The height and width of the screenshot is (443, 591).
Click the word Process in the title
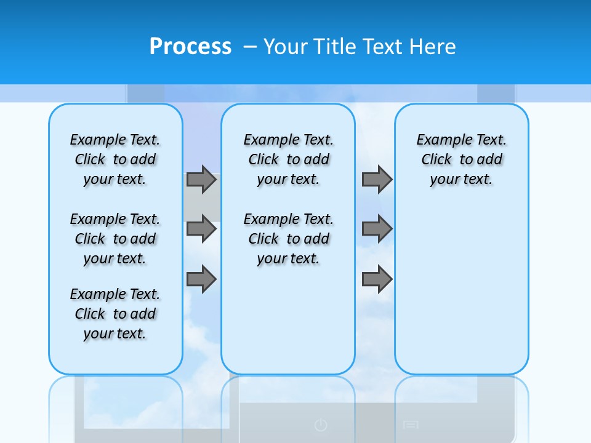tap(190, 47)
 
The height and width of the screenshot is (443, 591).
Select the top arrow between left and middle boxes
tap(201, 179)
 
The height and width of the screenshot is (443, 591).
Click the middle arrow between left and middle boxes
tap(201, 229)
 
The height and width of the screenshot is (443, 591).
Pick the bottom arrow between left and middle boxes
tap(201, 279)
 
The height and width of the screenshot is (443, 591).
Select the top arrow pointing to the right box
tap(377, 179)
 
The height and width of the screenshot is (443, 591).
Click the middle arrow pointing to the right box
tap(377, 229)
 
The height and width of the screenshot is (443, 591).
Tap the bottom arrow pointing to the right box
tap(377, 279)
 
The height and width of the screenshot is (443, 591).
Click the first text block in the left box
tap(115, 159)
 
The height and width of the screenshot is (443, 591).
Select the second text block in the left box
tap(115, 239)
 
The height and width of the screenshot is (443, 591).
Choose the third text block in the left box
tap(115, 314)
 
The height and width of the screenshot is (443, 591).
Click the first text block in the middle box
tap(289, 159)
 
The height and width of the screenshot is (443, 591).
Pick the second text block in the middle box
tap(289, 239)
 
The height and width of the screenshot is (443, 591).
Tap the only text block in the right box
tap(462, 159)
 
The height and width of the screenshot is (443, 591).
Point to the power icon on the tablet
tap(320, 425)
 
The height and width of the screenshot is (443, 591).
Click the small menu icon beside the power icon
tap(411, 425)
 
